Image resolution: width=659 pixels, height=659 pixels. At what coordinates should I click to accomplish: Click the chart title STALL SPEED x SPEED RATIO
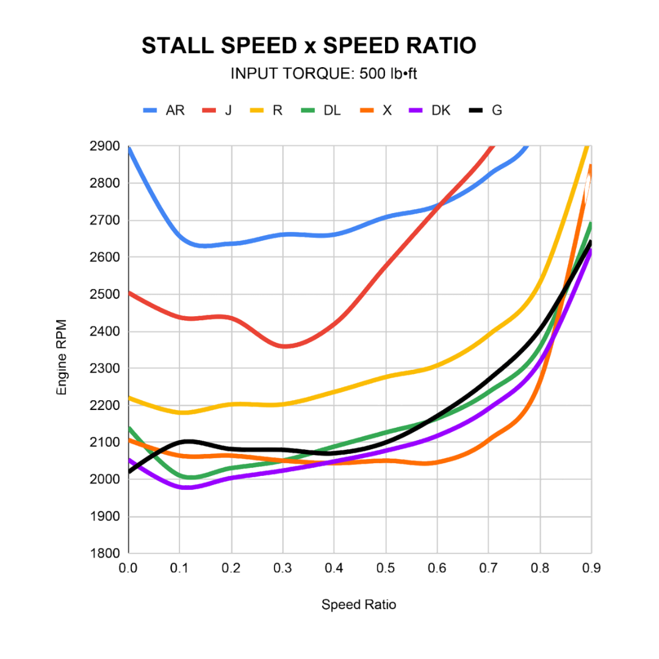click(x=308, y=46)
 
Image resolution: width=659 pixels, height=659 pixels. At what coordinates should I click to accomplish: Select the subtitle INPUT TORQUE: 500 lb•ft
click(x=323, y=74)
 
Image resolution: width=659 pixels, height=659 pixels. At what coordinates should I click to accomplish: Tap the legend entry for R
click(x=266, y=110)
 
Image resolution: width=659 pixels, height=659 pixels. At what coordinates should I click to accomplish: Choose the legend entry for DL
click(x=321, y=110)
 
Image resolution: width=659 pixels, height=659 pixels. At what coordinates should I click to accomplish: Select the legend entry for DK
click(x=431, y=110)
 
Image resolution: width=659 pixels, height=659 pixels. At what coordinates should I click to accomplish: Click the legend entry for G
click(x=486, y=110)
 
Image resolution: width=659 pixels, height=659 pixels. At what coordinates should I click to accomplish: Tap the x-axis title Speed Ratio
click(x=359, y=605)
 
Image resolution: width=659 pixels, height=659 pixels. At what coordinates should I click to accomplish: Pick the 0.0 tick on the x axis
click(x=128, y=568)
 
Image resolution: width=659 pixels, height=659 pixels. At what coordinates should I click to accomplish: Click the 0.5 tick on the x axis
click(x=386, y=568)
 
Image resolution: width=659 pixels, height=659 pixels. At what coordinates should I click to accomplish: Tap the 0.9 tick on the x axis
click(x=591, y=568)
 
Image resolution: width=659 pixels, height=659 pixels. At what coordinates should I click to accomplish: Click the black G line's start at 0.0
click(x=129, y=471)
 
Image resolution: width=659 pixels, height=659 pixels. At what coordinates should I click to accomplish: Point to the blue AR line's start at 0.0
click(x=129, y=148)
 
